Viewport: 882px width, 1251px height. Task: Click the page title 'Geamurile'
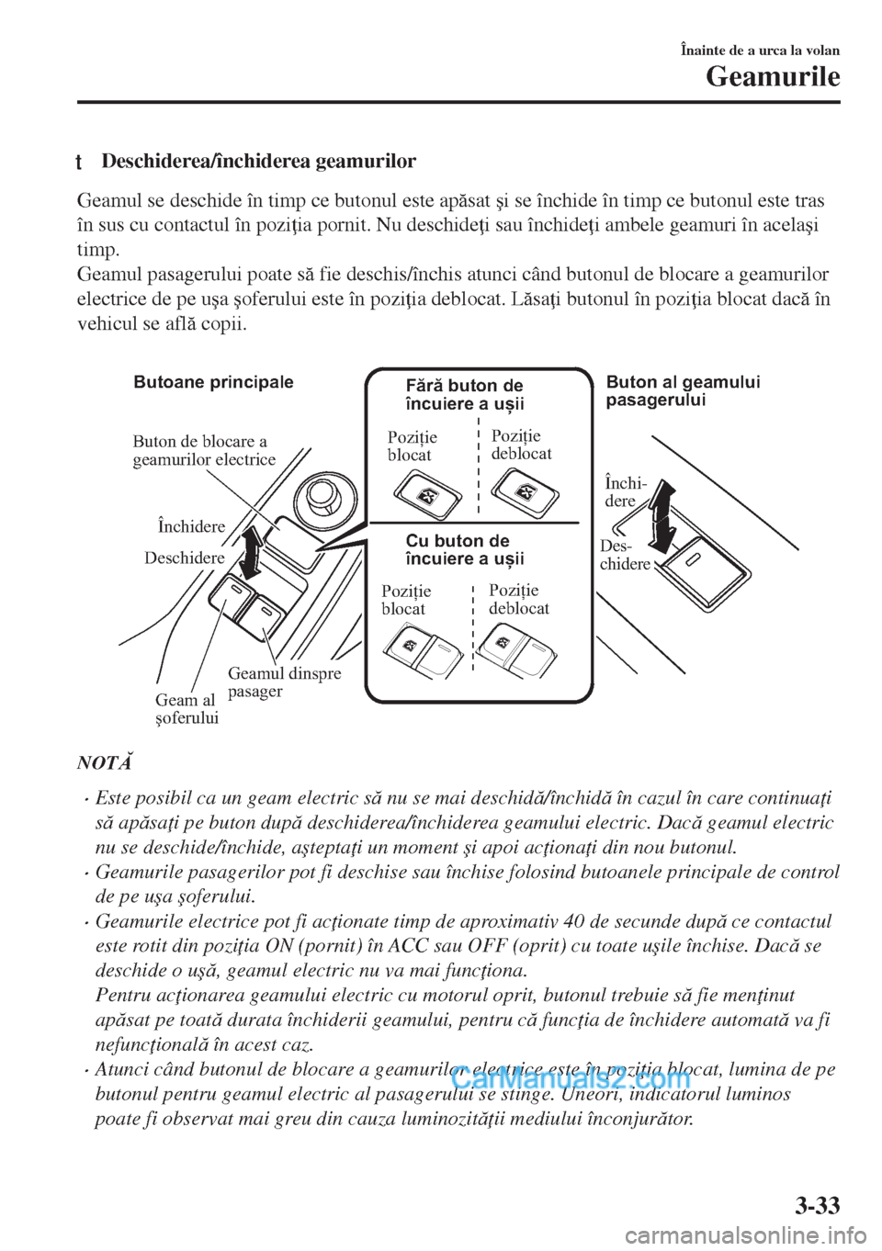(x=773, y=78)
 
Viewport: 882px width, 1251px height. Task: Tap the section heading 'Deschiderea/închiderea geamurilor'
(x=259, y=162)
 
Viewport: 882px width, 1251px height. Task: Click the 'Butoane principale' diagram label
(x=213, y=383)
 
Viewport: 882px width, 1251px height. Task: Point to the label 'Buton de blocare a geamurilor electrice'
(x=204, y=450)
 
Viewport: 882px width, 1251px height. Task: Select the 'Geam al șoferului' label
(x=187, y=709)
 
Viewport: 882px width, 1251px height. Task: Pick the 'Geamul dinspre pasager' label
(x=284, y=682)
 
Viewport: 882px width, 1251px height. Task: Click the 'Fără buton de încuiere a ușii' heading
(x=465, y=394)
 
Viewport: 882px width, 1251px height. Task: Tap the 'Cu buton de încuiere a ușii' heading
(x=465, y=549)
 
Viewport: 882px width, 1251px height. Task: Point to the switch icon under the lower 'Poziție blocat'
(x=424, y=649)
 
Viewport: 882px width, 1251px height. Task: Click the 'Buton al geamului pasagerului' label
(x=684, y=391)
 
